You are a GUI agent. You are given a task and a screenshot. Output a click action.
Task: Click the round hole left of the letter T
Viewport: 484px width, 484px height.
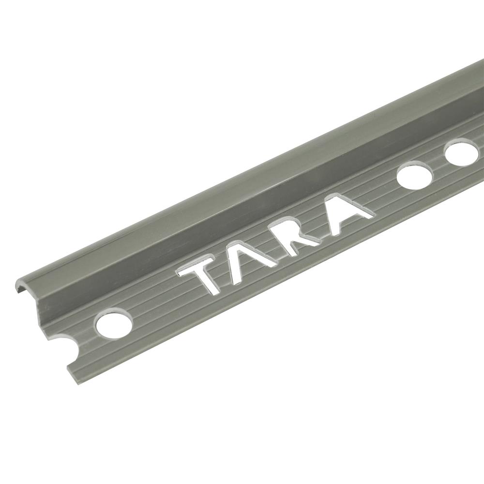click(x=114, y=323)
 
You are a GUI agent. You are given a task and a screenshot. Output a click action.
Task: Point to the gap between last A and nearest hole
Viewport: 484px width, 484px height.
click(x=385, y=194)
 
